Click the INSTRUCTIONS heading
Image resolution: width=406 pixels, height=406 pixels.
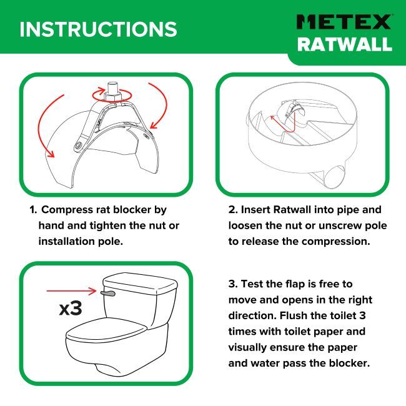(99, 29)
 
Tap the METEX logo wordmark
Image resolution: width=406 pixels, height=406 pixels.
(344, 22)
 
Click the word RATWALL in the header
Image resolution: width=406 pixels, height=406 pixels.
(345, 44)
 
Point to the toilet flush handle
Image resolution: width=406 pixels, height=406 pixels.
(107, 293)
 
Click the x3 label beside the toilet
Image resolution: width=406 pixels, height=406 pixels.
(71, 308)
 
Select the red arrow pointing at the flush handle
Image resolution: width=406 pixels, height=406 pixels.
(71, 291)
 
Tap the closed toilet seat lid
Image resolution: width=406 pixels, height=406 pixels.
(106, 332)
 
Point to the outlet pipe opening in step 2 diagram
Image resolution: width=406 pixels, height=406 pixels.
(335, 177)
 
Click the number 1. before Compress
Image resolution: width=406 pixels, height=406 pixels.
(33, 210)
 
